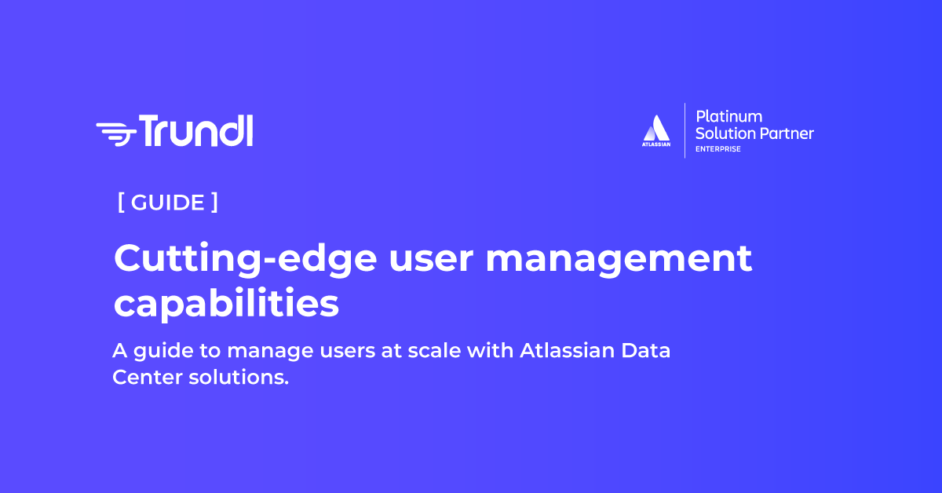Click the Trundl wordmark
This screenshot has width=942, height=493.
[x=196, y=130]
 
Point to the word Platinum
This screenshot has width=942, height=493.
[x=729, y=116]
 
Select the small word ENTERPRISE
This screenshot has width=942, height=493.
[x=717, y=149]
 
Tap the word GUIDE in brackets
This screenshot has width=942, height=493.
[x=168, y=203]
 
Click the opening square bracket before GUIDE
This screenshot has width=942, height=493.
[x=121, y=203]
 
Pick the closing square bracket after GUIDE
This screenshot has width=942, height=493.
[x=214, y=203]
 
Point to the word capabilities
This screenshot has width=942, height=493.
[x=226, y=305]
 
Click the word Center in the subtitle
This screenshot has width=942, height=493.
[x=145, y=378]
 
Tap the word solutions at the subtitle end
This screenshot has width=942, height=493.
[x=239, y=378]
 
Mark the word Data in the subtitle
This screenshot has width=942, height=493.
[x=645, y=350]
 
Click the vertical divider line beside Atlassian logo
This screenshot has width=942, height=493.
[x=685, y=130]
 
